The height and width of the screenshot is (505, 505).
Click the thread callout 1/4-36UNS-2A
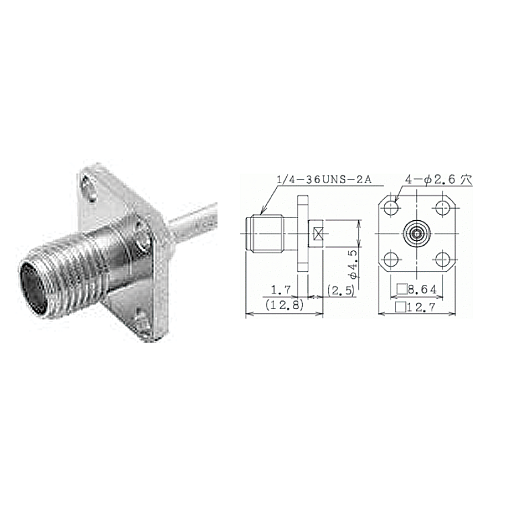click(x=324, y=180)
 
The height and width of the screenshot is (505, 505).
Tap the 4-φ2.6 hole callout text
click(x=438, y=180)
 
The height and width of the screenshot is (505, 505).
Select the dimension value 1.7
click(x=281, y=290)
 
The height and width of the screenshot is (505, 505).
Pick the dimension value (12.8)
click(x=285, y=304)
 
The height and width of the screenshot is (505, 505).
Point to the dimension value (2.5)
click(x=341, y=290)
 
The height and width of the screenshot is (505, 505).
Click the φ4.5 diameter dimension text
click(x=353, y=264)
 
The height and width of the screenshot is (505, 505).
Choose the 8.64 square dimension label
click(x=417, y=290)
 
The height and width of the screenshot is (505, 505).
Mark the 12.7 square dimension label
click(x=415, y=307)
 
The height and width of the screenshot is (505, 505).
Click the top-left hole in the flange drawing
click(x=392, y=208)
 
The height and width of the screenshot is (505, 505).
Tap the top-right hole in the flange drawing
click(x=442, y=208)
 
